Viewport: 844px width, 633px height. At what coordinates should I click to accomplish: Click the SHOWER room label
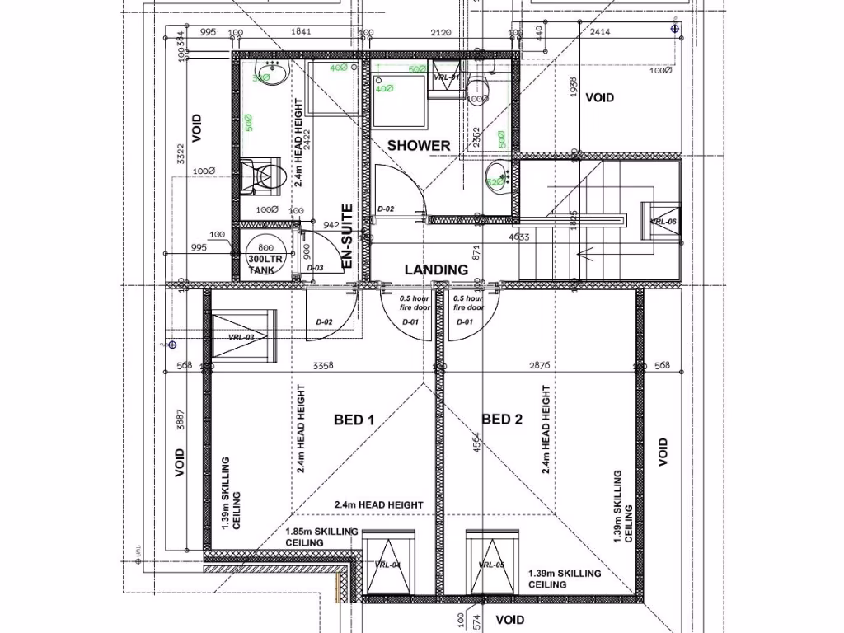(x=419, y=146)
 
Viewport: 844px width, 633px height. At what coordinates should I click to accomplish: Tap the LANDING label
(x=435, y=270)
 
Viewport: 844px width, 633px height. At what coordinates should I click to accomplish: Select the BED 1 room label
(x=354, y=420)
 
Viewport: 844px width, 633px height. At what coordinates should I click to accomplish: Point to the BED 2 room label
(x=502, y=420)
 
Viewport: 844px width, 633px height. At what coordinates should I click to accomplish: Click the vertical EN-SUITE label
(x=347, y=237)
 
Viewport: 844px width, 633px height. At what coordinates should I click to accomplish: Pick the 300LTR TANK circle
(x=265, y=256)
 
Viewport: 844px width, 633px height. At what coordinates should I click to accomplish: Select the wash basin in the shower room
(x=497, y=173)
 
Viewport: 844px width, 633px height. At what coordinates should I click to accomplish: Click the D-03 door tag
(x=315, y=268)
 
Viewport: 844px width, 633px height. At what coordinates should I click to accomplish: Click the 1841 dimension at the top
(x=302, y=32)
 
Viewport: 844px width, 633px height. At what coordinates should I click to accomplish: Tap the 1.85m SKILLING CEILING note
(x=321, y=537)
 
